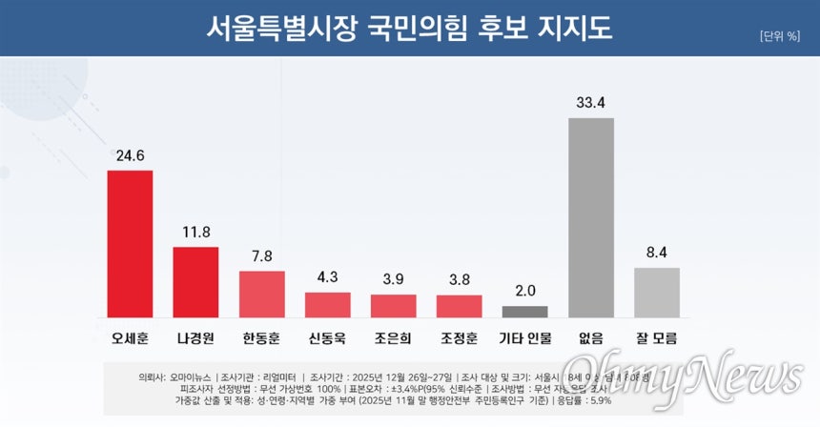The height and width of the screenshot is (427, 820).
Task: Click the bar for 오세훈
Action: click(130, 243)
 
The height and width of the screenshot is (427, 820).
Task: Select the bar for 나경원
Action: click(195, 281)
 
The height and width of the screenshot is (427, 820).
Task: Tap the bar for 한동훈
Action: click(261, 294)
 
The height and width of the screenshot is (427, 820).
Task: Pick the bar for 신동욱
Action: click(327, 304)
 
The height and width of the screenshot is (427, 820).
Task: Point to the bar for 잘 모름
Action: click(657, 292)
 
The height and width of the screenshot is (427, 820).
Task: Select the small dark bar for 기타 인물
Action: click(524, 311)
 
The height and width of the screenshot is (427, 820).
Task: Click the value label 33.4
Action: click(591, 101)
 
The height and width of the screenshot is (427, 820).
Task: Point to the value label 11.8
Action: click(195, 230)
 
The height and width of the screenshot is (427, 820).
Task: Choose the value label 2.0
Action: click(524, 290)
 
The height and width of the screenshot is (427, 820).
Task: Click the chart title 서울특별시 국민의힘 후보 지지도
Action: click(410, 28)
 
